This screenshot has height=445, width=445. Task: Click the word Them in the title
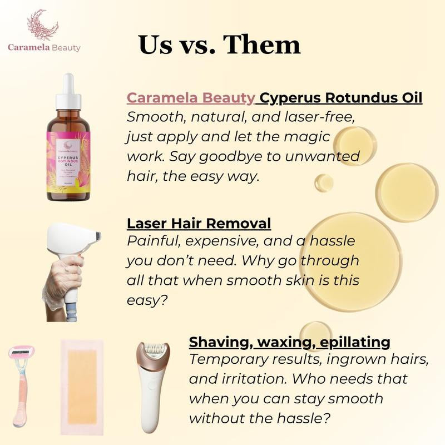pyautogui.click(x=264, y=44)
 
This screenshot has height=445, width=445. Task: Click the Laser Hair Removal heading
pyautogui.click(x=199, y=224)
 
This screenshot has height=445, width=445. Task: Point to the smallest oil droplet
pyautogui.click(x=324, y=182)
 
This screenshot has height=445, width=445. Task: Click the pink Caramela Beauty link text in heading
pyautogui.click(x=191, y=98)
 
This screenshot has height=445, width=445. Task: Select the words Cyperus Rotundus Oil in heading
pyautogui.click(x=341, y=98)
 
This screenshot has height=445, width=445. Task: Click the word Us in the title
pyautogui.click(x=155, y=44)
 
